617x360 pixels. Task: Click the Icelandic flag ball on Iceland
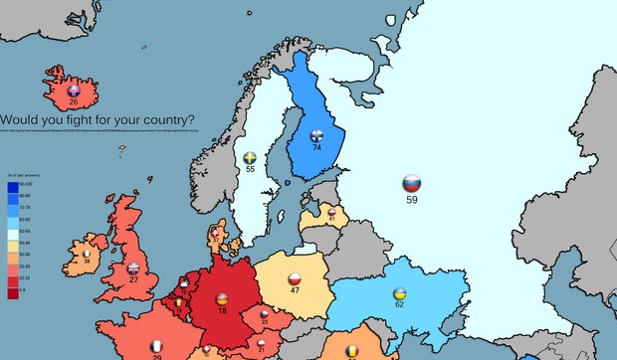coord(72,90)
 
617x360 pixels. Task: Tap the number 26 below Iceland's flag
coord(72,102)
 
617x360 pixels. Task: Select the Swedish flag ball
coord(250,158)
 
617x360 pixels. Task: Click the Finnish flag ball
coord(317,135)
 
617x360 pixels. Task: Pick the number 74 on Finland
coord(317,147)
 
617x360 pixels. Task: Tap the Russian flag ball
coord(412,184)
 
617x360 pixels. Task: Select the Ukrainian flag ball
coord(399,294)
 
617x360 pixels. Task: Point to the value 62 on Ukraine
coord(399,306)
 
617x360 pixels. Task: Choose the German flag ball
coord(221,298)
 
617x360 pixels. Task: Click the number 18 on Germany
coord(221,311)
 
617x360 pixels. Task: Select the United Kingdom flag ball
coord(133,268)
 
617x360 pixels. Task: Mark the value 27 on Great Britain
coord(133,280)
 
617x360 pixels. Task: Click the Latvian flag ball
coord(332,211)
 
